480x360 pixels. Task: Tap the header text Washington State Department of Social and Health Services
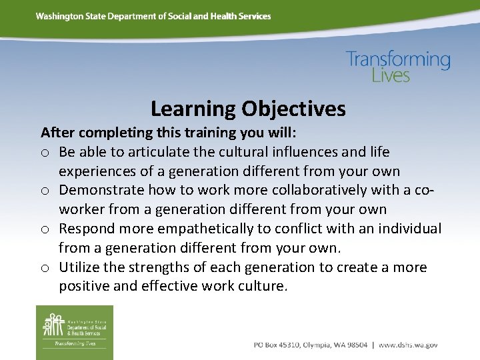click(x=153, y=16)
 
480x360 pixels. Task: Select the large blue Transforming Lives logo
click(x=398, y=66)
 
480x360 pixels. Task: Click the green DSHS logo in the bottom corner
click(x=74, y=332)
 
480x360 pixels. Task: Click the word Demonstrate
click(x=100, y=191)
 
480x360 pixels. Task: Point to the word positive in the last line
click(x=83, y=287)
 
